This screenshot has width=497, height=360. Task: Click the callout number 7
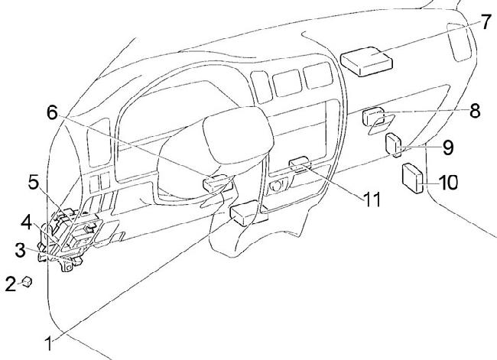click(486, 21)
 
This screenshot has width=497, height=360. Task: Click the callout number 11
click(372, 201)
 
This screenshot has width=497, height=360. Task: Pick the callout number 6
click(52, 112)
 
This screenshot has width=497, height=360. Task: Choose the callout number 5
click(34, 183)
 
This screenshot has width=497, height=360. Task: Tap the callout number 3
click(21, 248)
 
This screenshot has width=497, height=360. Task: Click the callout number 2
click(10, 285)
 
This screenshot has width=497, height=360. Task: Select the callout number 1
click(51, 344)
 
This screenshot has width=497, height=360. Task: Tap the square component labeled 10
click(414, 177)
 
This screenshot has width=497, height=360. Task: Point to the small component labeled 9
click(394, 144)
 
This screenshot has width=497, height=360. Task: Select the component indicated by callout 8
click(375, 118)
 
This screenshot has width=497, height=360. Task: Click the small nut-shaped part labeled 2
click(27, 282)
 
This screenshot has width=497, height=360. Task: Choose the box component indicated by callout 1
click(242, 214)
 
